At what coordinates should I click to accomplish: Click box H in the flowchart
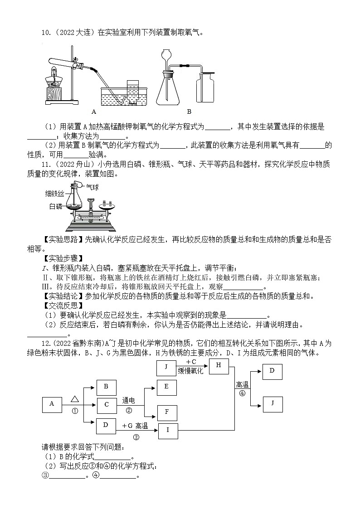(x=219, y=366)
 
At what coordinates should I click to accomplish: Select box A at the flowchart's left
(x=52, y=404)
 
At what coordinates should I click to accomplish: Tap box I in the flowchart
(x=168, y=430)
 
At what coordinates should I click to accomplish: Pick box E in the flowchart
(x=166, y=386)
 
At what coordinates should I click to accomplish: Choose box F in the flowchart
(x=166, y=412)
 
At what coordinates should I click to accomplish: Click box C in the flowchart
(x=107, y=404)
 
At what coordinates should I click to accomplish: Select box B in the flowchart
(x=106, y=386)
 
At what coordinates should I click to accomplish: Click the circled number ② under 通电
(x=129, y=411)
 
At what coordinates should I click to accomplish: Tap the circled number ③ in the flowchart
(x=136, y=437)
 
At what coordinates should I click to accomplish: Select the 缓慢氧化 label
(x=195, y=371)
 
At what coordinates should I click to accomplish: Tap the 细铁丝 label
(x=56, y=194)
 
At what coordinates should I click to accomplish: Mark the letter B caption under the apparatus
(x=189, y=111)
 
